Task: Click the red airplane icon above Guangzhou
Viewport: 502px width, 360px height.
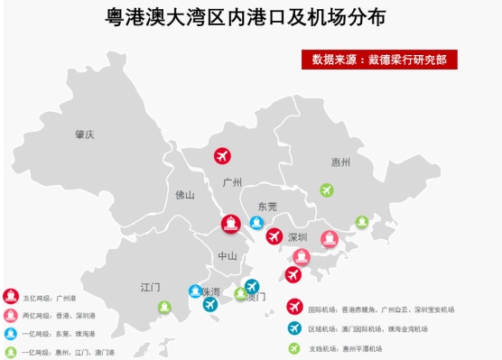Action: point(222,155)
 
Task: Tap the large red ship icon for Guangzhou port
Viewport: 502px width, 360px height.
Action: point(231,224)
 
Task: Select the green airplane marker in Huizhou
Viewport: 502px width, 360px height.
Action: point(327,190)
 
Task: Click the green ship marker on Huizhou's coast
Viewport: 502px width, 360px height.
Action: point(361,221)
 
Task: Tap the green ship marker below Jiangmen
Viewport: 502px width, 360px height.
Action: point(164,307)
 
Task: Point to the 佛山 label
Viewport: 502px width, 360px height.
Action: point(184,194)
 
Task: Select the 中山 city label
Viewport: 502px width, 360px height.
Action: point(227,256)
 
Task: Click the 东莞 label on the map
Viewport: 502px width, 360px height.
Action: point(267,207)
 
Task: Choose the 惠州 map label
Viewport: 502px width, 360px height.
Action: point(340,162)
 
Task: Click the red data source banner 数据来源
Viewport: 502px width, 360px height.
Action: point(379,60)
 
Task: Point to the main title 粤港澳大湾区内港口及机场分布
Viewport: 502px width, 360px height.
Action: point(251,17)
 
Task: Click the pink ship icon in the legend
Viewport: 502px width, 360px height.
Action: point(10,315)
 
